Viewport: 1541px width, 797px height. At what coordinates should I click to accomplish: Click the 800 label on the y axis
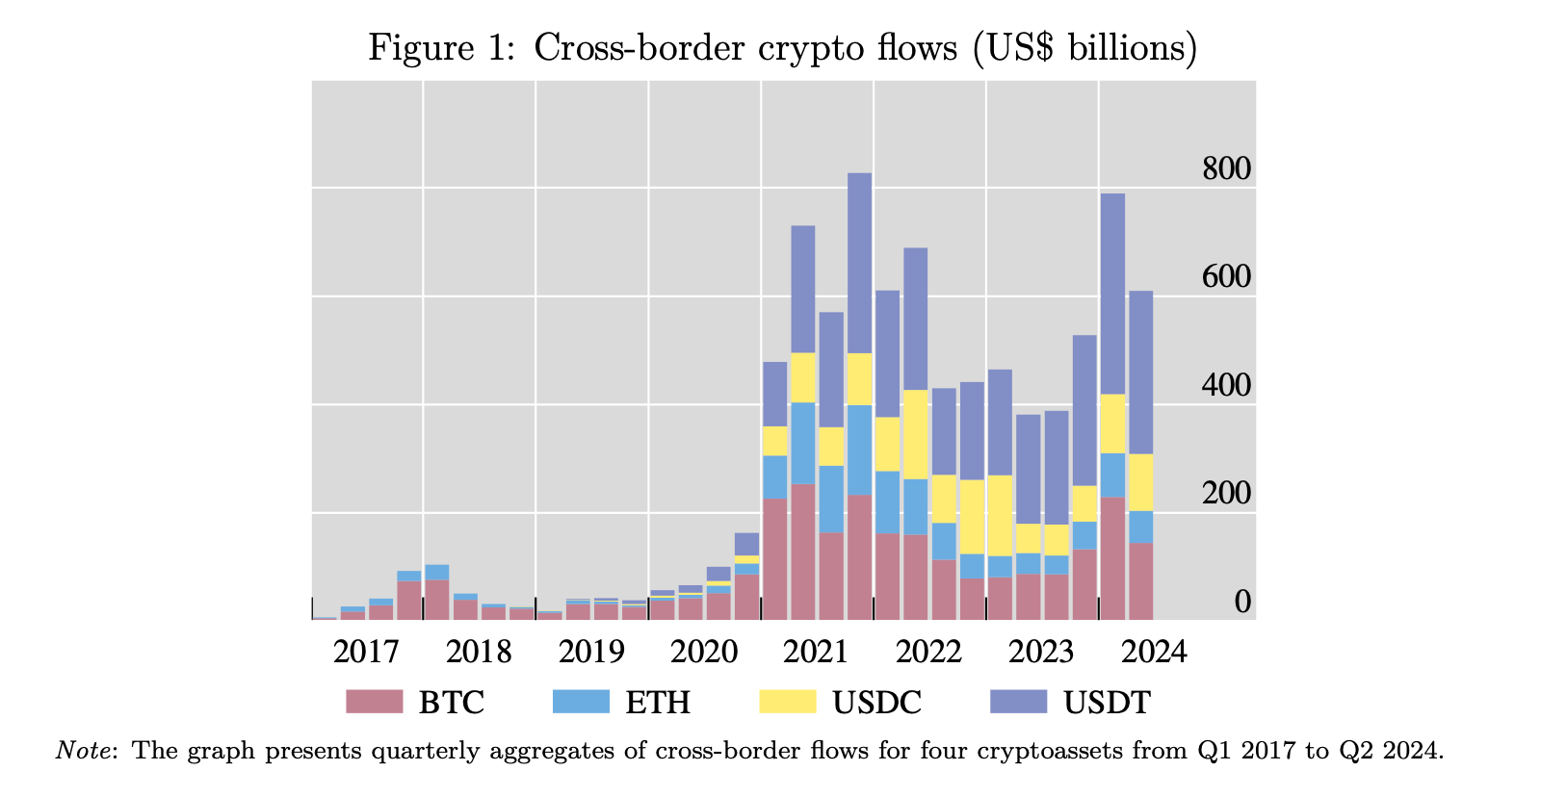[1226, 169]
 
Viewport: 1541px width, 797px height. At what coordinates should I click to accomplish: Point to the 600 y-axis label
[1226, 277]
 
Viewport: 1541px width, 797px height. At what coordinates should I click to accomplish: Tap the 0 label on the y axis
[1242, 602]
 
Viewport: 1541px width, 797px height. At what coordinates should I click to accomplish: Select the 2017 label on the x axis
[366, 652]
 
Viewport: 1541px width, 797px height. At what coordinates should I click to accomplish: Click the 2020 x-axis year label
[704, 652]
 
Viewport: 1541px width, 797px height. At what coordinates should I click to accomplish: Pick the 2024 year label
[1155, 652]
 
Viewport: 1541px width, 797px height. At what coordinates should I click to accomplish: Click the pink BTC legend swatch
[375, 702]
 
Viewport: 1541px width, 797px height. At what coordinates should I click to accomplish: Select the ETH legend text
[658, 702]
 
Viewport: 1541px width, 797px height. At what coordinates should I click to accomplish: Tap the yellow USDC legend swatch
[787, 702]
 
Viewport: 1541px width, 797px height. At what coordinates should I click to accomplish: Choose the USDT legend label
[1107, 702]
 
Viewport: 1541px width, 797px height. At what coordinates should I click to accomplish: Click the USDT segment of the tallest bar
[859, 263]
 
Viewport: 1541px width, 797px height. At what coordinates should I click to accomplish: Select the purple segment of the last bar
[1140, 372]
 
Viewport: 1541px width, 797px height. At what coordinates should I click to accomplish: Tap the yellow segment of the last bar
[1140, 482]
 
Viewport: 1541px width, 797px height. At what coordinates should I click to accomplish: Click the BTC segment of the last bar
[1140, 581]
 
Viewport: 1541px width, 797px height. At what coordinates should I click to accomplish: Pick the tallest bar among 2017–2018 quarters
[436, 591]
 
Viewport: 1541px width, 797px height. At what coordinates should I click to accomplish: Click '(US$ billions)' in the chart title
[1084, 46]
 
